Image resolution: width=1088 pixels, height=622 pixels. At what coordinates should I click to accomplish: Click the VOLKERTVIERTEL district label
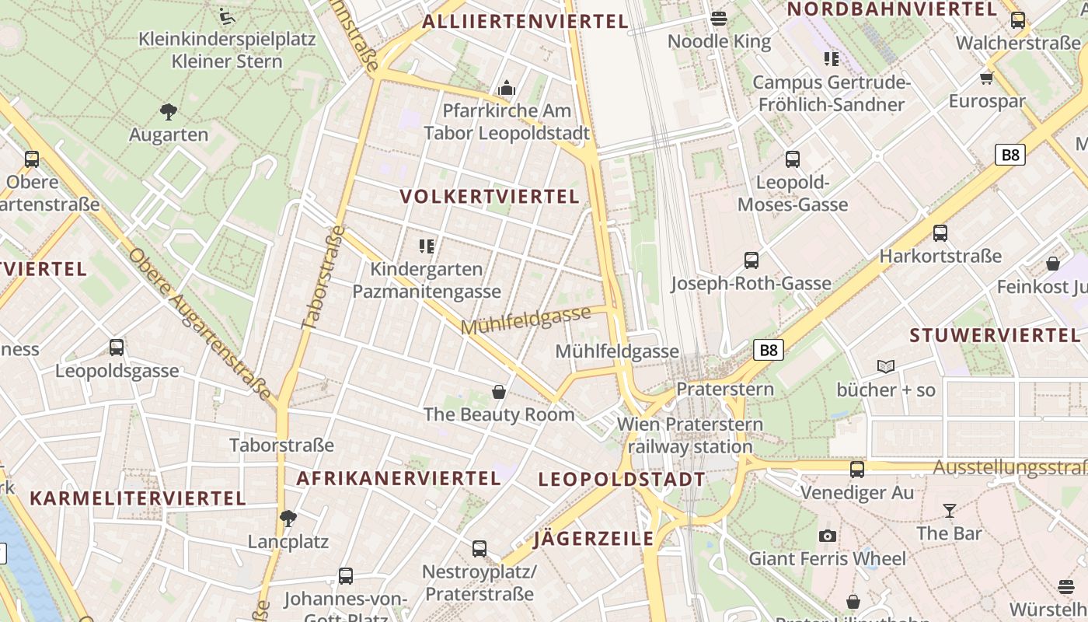tap(490, 197)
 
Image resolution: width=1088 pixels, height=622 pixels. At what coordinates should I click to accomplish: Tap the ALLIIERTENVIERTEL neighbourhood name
tap(525, 22)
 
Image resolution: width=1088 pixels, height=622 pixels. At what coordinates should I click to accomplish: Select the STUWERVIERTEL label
tap(995, 336)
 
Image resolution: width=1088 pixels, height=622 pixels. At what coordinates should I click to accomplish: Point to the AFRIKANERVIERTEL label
tap(399, 478)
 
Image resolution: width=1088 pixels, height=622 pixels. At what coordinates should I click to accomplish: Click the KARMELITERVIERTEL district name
tap(138, 498)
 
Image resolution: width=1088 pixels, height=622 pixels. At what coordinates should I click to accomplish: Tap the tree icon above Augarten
tap(168, 112)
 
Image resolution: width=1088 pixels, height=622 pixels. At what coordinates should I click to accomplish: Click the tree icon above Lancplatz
tap(288, 518)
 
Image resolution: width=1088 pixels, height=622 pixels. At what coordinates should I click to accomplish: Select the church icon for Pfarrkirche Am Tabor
tap(507, 88)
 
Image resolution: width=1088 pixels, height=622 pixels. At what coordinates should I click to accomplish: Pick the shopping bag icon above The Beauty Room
tap(499, 391)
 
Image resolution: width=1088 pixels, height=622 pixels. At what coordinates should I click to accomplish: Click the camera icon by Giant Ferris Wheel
tap(828, 536)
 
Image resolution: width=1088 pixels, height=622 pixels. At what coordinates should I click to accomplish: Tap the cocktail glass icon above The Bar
tap(949, 511)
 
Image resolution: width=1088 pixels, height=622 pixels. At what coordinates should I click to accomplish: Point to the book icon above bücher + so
tap(886, 366)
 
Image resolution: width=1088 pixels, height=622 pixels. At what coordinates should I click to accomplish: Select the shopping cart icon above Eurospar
tap(987, 78)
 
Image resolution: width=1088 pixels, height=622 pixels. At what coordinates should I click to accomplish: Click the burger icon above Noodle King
tap(719, 18)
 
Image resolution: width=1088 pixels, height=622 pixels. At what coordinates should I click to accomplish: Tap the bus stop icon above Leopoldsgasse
tap(117, 348)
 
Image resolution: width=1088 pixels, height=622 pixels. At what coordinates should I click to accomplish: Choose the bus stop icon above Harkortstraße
tap(940, 232)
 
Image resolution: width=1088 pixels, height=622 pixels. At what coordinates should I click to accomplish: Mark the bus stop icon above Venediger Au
tap(857, 469)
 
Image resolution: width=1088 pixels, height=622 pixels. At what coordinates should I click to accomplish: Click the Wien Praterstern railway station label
tap(690, 435)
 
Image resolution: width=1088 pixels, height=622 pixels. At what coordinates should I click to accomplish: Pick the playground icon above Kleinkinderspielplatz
tap(227, 16)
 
